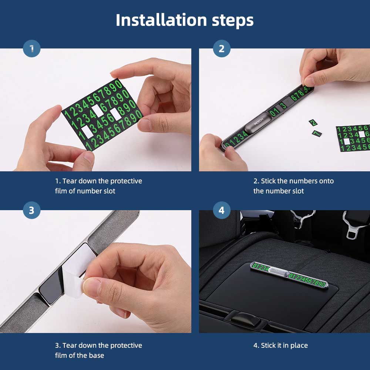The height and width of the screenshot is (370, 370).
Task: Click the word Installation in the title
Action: click(x=161, y=20)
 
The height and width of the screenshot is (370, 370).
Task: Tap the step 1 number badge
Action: click(x=31, y=48)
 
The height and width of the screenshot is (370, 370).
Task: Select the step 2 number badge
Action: click(x=222, y=48)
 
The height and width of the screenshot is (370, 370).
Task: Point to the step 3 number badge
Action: click(x=31, y=210)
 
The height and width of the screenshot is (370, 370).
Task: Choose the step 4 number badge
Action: click(x=222, y=210)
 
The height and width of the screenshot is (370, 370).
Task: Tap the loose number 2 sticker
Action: click(x=313, y=122)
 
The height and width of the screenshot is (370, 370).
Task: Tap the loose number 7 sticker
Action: click(x=316, y=133)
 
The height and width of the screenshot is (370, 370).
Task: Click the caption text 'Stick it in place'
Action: click(x=284, y=346)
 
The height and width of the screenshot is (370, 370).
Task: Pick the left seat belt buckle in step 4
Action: click(x=303, y=218)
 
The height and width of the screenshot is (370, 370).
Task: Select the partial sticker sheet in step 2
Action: click(x=353, y=138)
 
